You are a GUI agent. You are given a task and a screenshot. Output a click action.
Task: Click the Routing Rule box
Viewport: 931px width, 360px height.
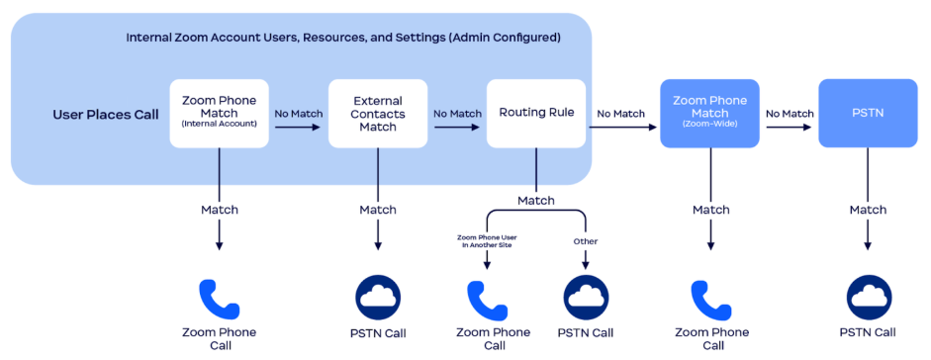pos(535,114)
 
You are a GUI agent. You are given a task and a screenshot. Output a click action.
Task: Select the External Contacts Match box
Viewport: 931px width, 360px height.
pos(377,114)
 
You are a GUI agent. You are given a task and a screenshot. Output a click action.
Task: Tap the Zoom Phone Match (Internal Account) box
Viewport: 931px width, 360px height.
pos(219,114)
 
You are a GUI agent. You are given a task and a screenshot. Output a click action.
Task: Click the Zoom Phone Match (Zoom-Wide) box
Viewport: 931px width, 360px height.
pos(709,114)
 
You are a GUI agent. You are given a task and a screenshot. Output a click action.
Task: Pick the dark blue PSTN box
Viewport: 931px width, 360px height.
pos(867,114)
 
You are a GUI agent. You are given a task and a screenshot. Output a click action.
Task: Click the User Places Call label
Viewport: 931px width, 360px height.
pos(105,115)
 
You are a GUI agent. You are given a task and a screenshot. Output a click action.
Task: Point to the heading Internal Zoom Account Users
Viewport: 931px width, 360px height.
pos(343,38)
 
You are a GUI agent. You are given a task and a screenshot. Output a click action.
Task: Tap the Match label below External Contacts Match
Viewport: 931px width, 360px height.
pos(377,210)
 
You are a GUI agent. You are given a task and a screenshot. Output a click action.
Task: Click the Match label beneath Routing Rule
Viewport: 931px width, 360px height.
pos(535,201)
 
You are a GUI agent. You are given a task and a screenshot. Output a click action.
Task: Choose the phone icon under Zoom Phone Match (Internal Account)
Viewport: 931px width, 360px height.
pos(219,298)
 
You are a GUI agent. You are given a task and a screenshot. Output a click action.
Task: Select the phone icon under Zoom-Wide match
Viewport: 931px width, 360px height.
pos(709,298)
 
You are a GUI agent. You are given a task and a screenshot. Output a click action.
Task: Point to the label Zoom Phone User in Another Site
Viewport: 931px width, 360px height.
pos(487,240)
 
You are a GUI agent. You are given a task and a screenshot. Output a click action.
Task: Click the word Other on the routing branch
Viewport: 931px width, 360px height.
pos(586,241)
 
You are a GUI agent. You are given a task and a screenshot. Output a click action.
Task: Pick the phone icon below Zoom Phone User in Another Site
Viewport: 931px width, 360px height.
pos(487,298)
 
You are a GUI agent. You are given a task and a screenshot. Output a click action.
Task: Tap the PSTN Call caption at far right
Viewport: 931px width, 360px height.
pos(867,332)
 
